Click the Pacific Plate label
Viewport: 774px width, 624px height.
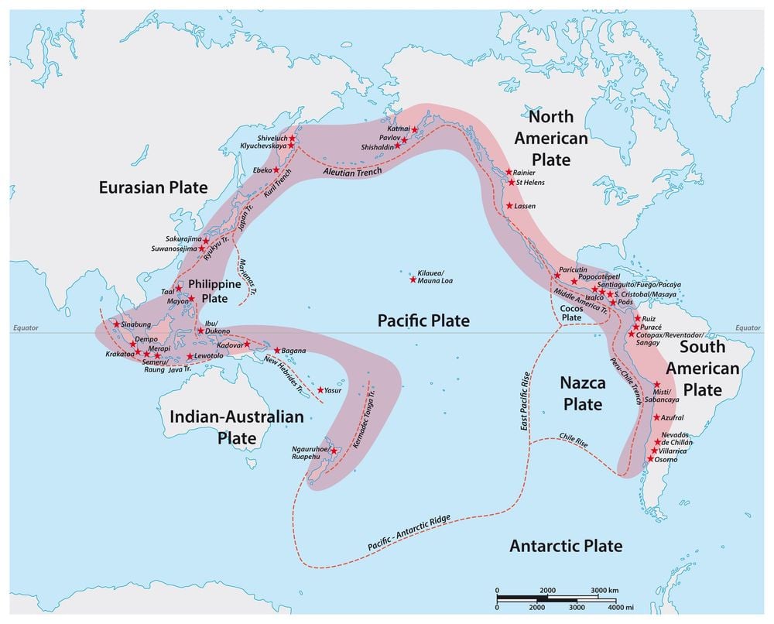[423, 320]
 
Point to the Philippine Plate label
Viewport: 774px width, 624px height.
[204, 291]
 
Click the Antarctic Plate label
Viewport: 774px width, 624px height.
[566, 546]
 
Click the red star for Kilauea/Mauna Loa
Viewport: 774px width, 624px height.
[413, 279]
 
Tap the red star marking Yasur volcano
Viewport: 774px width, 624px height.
[320, 390]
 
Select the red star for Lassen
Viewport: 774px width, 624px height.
[509, 206]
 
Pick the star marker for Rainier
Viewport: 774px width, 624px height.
[509, 172]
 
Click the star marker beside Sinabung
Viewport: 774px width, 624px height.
[117, 324]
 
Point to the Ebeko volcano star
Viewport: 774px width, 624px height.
[276, 170]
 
